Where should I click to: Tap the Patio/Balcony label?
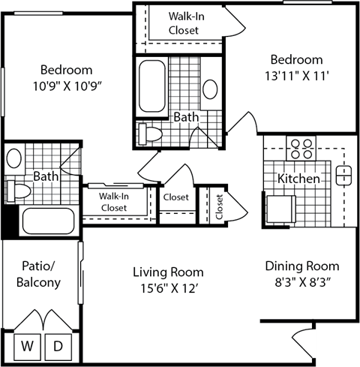38,275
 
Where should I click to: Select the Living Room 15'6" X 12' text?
168,278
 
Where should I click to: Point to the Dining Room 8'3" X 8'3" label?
301,273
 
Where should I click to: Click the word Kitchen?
299,179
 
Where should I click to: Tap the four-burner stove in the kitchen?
301,145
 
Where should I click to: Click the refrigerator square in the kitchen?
282,206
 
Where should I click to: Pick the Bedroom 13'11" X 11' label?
296,67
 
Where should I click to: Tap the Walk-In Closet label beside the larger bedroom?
183,23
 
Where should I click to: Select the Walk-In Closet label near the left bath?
113,201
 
